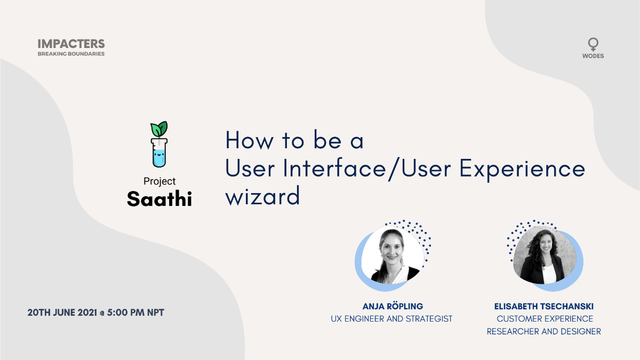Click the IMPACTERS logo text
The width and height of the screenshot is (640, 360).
pyautogui.click(x=71, y=44)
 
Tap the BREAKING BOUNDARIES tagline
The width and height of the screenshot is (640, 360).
pyautogui.click(x=71, y=54)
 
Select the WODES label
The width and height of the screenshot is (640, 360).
pyautogui.click(x=593, y=55)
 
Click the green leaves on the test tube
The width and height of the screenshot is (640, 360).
pyautogui.click(x=159, y=129)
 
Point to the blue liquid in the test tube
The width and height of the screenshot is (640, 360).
pyautogui.click(x=159, y=157)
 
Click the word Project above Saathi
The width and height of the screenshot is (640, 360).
pyautogui.click(x=159, y=181)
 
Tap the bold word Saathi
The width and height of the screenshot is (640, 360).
pyautogui.click(x=159, y=199)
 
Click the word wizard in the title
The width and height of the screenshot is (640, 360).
pyautogui.click(x=262, y=197)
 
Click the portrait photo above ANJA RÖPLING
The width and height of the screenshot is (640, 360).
pyautogui.click(x=393, y=254)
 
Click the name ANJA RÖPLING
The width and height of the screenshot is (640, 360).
pyautogui.click(x=392, y=307)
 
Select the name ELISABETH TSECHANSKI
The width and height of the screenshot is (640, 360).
pyautogui.click(x=543, y=307)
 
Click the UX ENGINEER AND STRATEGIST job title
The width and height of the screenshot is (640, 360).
pyautogui.click(x=392, y=319)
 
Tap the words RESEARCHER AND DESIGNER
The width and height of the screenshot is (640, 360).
pyautogui.click(x=543, y=331)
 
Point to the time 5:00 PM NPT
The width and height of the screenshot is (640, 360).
pyautogui.click(x=135, y=313)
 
